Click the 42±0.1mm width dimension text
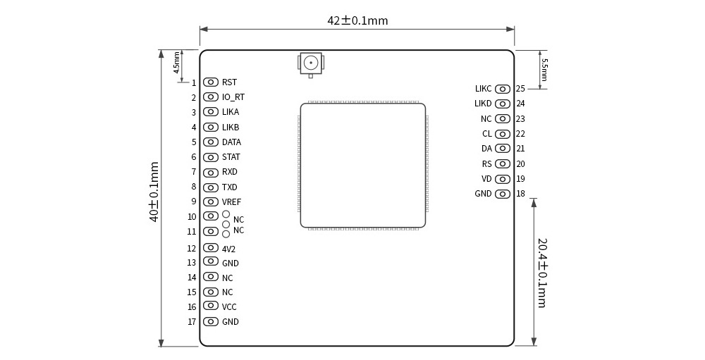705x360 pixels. (357, 20)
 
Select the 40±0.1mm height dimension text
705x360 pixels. (154, 192)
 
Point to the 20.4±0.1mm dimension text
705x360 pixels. (542, 273)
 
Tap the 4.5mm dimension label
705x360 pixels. (177, 63)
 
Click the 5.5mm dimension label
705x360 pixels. (544, 70)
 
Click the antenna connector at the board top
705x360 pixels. (311, 64)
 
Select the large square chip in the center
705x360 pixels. (363, 166)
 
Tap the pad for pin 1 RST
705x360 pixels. (210, 82)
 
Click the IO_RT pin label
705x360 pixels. (233, 97)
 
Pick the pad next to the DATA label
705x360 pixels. (210, 142)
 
